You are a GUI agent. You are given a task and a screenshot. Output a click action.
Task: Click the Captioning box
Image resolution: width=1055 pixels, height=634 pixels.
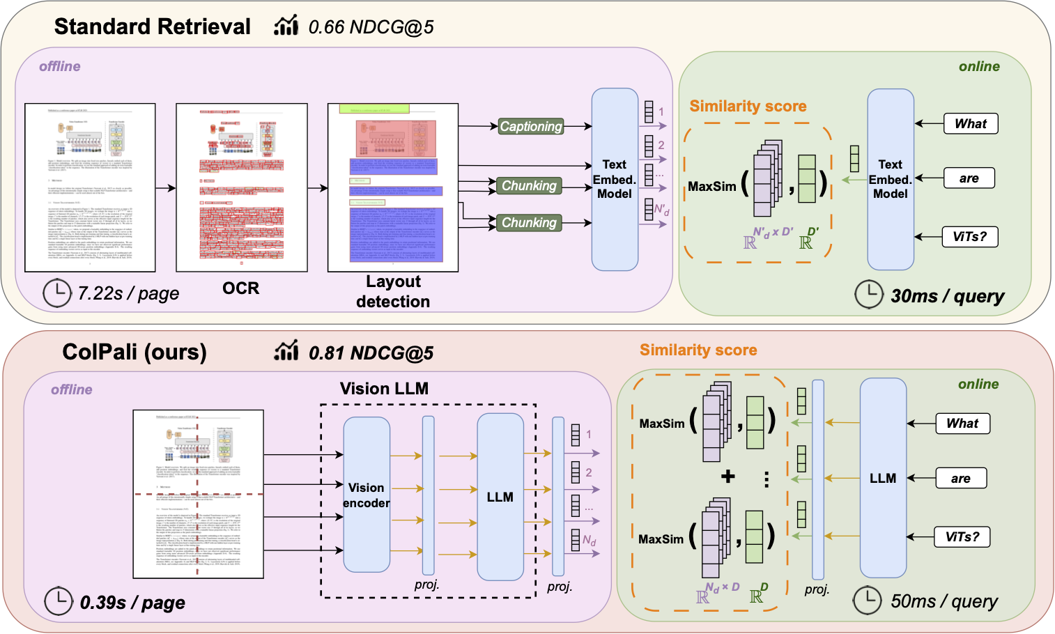click(531, 126)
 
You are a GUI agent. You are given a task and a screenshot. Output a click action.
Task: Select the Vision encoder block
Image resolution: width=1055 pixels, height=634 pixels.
click(367, 495)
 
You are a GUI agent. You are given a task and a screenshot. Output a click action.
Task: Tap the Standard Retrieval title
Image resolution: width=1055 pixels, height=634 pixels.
click(152, 26)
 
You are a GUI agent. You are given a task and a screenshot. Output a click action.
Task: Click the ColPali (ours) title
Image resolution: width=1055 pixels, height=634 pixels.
click(134, 352)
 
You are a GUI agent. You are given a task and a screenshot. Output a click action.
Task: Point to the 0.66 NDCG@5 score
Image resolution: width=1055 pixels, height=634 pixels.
click(371, 27)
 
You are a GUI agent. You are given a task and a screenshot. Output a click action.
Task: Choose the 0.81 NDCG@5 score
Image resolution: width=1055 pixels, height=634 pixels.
click(371, 353)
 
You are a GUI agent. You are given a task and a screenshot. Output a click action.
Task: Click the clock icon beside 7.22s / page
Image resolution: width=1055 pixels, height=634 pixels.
click(57, 293)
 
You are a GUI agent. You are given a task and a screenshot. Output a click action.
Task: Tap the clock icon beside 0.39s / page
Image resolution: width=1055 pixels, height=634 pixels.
click(59, 601)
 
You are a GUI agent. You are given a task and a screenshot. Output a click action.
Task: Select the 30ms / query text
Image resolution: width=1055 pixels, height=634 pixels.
click(947, 296)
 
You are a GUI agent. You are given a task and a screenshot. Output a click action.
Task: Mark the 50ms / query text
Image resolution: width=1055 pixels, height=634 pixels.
click(944, 601)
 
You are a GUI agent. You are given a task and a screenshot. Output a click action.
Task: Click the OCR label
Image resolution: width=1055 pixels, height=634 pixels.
click(240, 288)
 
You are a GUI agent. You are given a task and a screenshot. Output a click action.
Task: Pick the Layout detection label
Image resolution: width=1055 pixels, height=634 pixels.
click(393, 291)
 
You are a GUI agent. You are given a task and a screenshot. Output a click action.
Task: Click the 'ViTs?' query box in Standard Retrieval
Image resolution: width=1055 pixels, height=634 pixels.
click(969, 237)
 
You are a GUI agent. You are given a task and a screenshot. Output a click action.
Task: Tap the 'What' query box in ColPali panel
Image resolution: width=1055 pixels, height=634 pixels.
click(962, 424)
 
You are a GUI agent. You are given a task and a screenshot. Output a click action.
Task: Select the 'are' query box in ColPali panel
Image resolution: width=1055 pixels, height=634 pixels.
click(960, 479)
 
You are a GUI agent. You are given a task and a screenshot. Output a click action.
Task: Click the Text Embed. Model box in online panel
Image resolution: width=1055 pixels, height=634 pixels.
click(890, 179)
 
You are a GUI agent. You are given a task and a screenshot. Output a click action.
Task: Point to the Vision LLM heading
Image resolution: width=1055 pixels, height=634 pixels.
click(384, 389)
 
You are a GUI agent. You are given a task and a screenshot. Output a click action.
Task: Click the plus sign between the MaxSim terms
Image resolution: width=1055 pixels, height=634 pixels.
click(727, 477)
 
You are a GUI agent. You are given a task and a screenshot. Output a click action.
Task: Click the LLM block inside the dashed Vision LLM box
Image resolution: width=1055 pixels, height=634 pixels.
click(500, 497)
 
